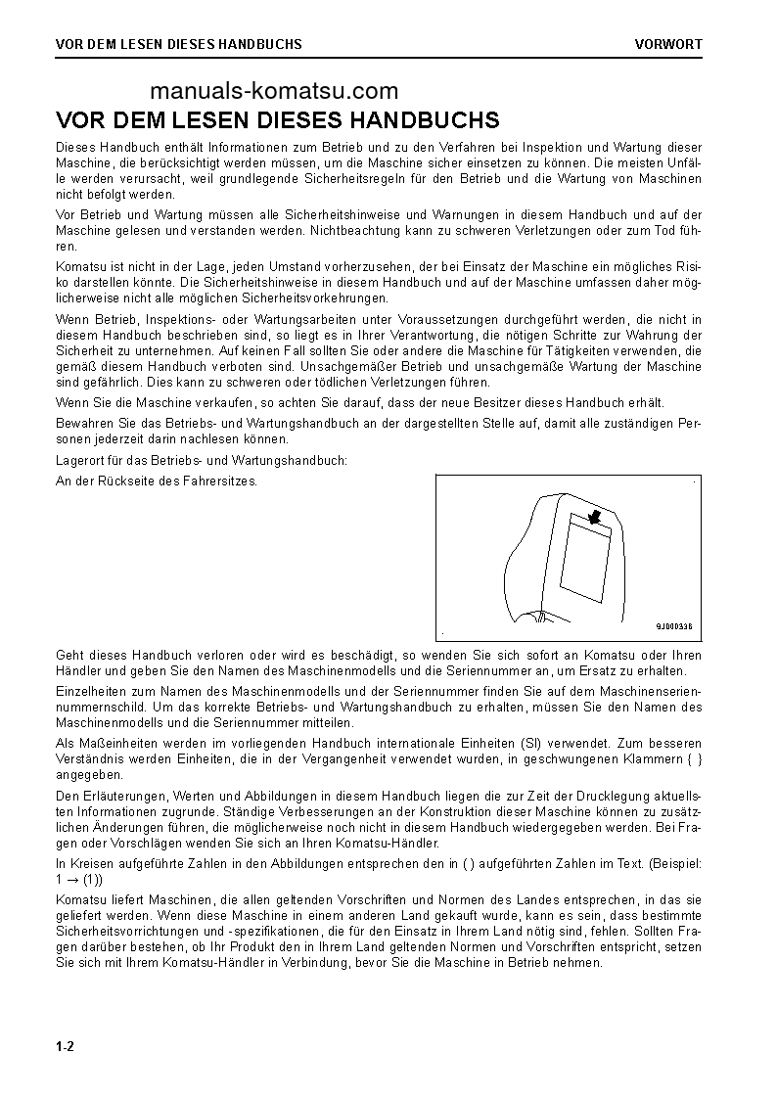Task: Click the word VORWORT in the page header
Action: (667, 44)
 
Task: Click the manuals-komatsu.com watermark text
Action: (275, 92)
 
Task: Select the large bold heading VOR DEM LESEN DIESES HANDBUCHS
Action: (278, 120)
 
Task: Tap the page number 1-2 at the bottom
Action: (66, 1046)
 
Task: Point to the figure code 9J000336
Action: (673, 625)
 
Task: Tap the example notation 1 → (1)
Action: (80, 879)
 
